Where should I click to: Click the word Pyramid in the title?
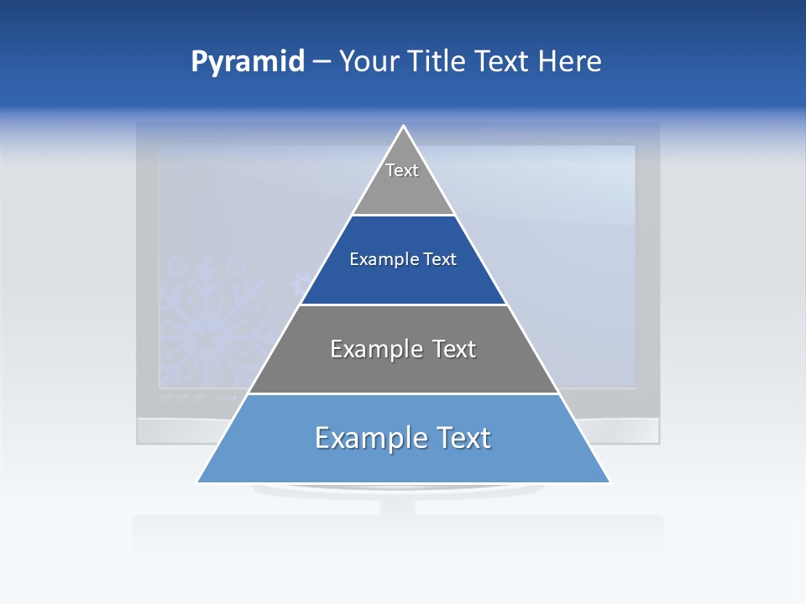click(x=247, y=62)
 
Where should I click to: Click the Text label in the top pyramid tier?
click(x=402, y=170)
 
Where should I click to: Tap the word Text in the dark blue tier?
click(x=440, y=259)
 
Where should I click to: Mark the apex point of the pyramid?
click(x=404, y=127)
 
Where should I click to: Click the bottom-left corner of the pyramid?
click(x=198, y=482)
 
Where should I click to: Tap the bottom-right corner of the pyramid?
click(x=610, y=482)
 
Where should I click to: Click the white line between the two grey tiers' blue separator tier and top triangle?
click(x=404, y=216)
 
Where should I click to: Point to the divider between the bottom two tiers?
click(x=404, y=393)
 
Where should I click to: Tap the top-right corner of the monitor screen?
click(x=635, y=147)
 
